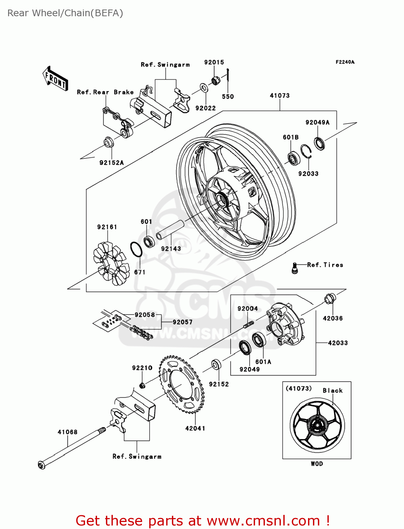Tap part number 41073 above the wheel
279,96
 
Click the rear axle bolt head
41,465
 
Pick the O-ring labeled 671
136,250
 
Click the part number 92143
171,249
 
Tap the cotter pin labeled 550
228,79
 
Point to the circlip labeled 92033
306,153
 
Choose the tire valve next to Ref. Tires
295,268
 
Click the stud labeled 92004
249,324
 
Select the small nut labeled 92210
142,385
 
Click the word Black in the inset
332,390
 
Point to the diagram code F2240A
345,62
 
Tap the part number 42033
338,343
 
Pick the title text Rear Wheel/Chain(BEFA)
65,13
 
